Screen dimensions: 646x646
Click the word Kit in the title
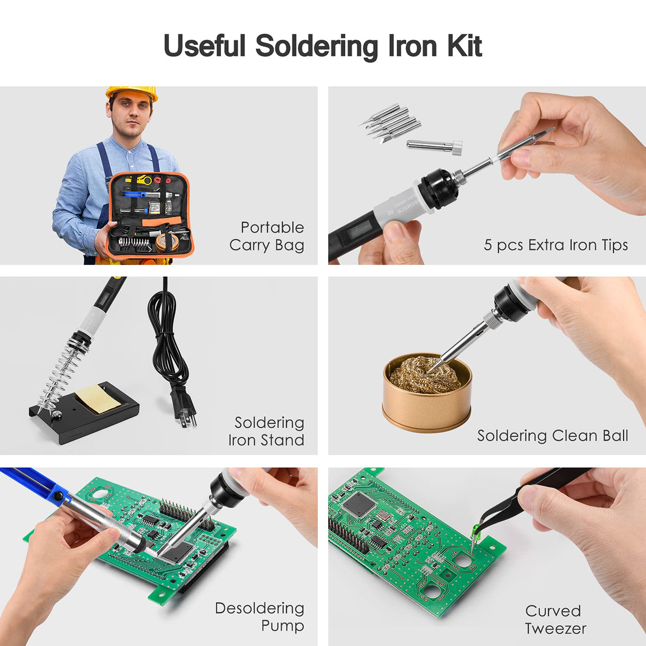point(464,46)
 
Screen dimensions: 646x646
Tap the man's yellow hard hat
point(131,93)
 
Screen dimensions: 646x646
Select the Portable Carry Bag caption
point(267,236)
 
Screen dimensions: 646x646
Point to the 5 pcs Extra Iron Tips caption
point(556,245)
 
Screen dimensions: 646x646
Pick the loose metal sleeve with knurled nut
point(434,146)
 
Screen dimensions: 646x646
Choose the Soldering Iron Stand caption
point(267,431)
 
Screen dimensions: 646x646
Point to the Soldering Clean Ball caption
point(552,436)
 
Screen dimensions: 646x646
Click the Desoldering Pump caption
point(260,616)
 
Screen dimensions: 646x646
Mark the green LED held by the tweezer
point(475,530)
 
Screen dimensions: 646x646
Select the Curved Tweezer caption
point(555,619)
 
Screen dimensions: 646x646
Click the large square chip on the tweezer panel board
point(359,503)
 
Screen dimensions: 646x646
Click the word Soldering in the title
point(317,46)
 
